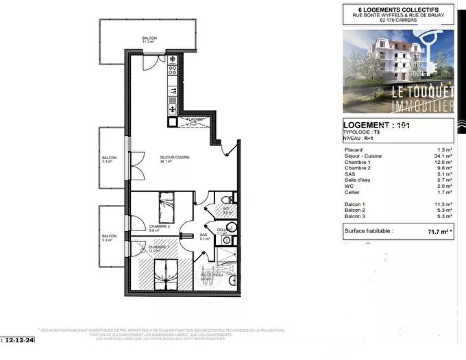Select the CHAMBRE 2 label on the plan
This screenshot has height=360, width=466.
(159, 228)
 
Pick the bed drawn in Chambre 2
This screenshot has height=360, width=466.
(167, 203)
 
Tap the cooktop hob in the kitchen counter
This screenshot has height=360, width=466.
(171, 69)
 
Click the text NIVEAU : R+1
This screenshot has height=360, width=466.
(358, 138)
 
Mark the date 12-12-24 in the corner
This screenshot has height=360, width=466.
(19, 339)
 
